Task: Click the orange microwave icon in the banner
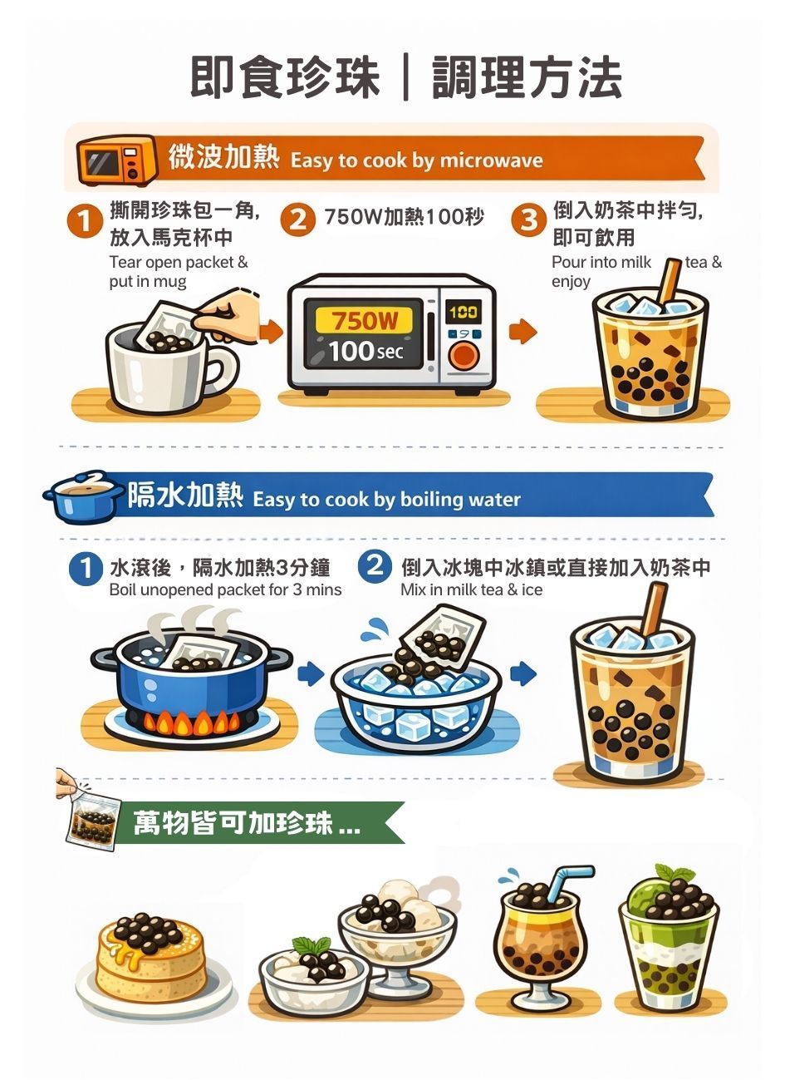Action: [x=117, y=160]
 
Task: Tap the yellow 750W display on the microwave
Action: [x=364, y=319]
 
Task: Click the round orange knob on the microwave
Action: [x=464, y=355]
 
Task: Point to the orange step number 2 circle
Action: [x=297, y=219]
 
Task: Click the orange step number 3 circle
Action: [x=529, y=219]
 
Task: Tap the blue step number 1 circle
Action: [x=86, y=568]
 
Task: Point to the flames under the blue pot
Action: [x=192, y=722]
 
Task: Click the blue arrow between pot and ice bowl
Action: [x=311, y=673]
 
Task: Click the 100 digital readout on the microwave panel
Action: [x=463, y=313]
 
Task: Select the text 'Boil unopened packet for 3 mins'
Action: [x=225, y=589]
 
